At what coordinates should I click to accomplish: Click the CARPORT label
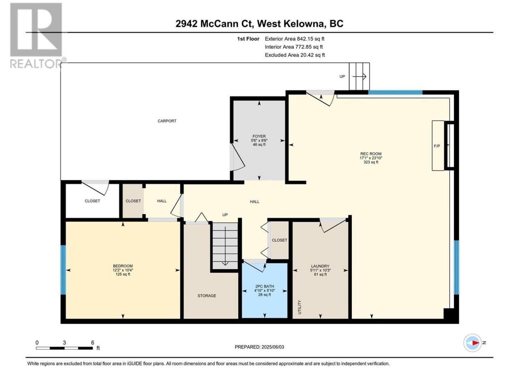tap(167, 121)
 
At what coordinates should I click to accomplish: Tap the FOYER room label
tap(259, 136)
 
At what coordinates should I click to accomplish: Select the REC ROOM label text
tap(371, 154)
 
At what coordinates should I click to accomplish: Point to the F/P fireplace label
tap(437, 146)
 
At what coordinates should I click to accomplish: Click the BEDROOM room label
tap(123, 266)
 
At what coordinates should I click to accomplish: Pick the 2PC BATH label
tap(264, 286)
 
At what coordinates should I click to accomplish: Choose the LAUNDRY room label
tap(320, 266)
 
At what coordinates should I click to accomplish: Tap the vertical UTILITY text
tap(300, 307)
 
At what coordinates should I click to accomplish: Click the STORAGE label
tap(207, 296)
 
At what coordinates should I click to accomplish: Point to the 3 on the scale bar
tap(64, 342)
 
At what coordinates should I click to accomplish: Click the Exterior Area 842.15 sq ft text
tap(295, 39)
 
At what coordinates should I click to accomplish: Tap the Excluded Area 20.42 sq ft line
tap(295, 55)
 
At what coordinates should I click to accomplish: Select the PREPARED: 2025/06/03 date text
tap(259, 347)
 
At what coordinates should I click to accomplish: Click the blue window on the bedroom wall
tap(63, 270)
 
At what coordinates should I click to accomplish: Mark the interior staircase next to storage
tap(225, 246)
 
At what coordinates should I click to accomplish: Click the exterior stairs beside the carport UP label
tap(359, 76)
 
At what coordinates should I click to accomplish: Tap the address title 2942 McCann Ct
tap(214, 24)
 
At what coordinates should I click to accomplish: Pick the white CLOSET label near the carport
tap(92, 201)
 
